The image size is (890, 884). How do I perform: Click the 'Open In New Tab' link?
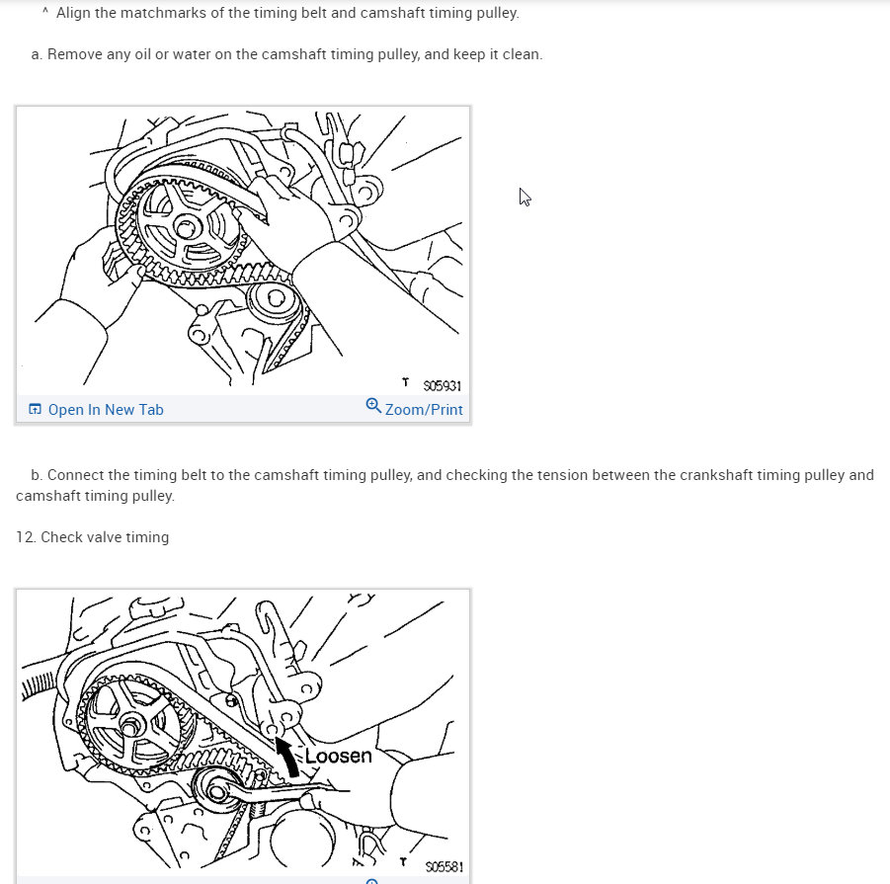[x=105, y=409]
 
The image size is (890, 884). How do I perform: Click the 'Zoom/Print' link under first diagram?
[x=424, y=409]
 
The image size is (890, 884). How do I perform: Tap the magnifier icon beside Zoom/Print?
[x=373, y=406]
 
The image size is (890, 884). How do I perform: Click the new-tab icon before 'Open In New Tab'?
[x=36, y=409]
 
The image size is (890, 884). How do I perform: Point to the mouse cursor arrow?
[x=525, y=197]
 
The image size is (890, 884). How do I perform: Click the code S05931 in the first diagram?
[x=442, y=385]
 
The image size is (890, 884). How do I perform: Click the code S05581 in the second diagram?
[x=445, y=868]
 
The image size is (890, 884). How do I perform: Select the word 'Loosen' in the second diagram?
[x=338, y=757]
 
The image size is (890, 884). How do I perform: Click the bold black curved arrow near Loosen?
[x=288, y=757]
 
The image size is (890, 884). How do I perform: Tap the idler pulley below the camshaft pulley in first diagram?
[x=271, y=300]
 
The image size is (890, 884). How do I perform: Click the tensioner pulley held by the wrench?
[x=218, y=790]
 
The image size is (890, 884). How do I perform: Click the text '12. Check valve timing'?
[x=92, y=537]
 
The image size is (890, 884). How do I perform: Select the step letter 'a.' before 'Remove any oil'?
[x=37, y=54]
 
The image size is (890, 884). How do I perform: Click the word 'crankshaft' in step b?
[x=716, y=474]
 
